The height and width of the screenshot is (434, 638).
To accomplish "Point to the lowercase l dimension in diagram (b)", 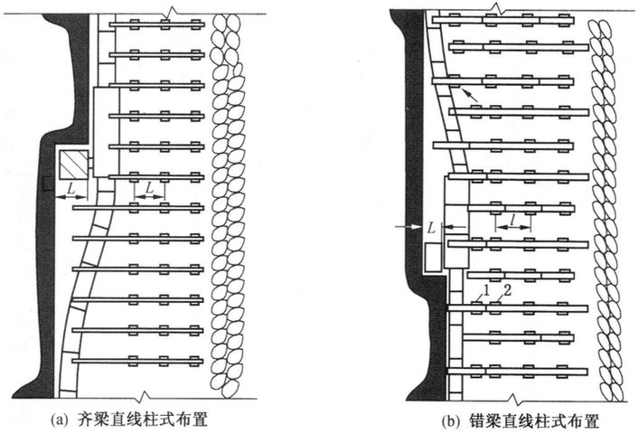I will pyautogui.click(x=513, y=218).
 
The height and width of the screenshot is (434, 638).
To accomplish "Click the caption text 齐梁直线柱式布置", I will pyautogui.click(x=162, y=420).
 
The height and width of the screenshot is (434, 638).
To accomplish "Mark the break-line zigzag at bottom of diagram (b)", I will pyautogui.click(x=517, y=398).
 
